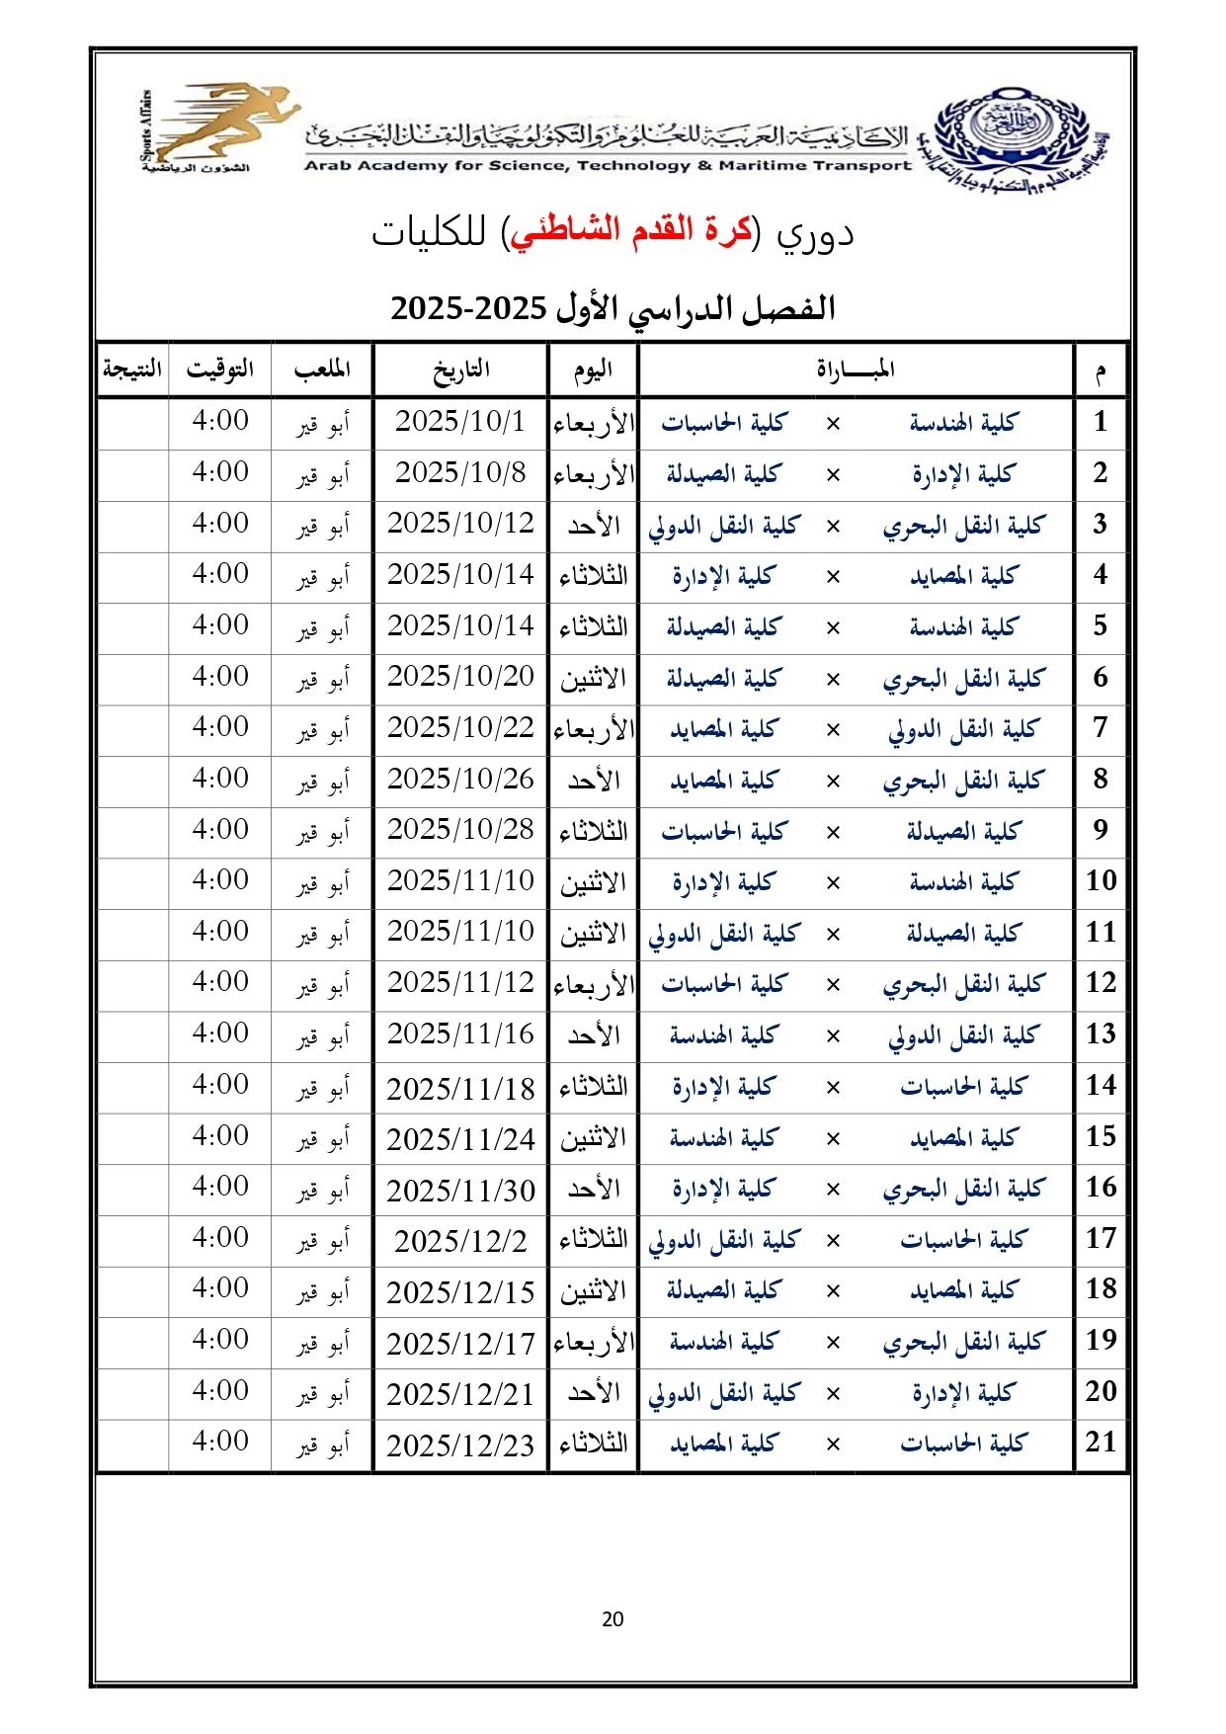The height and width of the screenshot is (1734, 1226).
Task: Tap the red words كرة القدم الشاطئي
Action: (x=630, y=230)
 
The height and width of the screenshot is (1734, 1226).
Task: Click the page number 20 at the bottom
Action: (x=613, y=1618)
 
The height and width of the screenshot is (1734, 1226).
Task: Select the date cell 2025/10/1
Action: (x=460, y=422)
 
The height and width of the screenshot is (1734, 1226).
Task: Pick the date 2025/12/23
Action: (x=460, y=1445)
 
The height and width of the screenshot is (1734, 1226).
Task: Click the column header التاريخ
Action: (x=460, y=370)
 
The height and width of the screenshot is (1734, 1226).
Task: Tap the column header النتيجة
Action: (x=132, y=370)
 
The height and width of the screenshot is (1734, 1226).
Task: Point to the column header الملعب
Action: (x=322, y=370)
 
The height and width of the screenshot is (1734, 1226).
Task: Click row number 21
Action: (x=1101, y=1443)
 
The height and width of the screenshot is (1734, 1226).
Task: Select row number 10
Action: (x=1101, y=881)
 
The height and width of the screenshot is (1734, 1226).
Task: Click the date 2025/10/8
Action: (x=460, y=473)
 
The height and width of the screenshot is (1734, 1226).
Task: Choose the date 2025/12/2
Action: (x=460, y=1241)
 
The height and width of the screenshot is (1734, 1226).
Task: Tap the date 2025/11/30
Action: (x=460, y=1191)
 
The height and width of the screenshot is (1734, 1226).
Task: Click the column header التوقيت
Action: (x=220, y=370)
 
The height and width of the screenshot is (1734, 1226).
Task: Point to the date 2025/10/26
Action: (x=460, y=780)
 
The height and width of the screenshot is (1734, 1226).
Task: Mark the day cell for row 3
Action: (x=594, y=526)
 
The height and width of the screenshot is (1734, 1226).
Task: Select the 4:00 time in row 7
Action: (x=220, y=727)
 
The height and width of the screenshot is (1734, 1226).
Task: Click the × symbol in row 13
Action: (x=833, y=1036)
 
